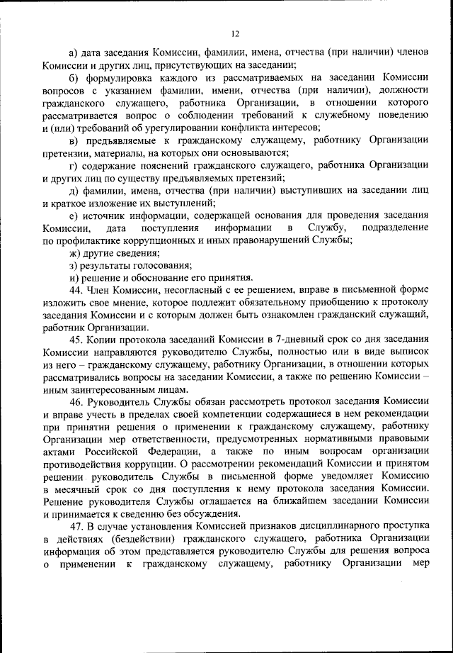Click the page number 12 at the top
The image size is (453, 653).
236,33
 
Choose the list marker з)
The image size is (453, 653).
74,265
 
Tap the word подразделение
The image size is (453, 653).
395,228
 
